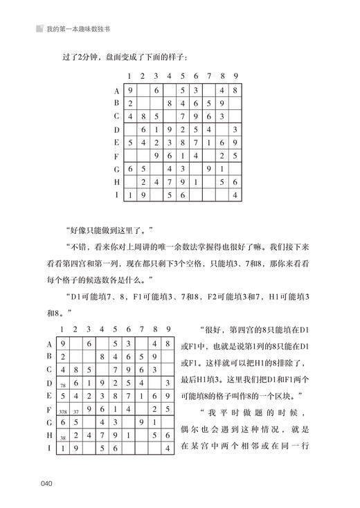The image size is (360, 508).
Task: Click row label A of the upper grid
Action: [x=117, y=90]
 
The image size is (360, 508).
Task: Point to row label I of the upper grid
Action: [x=117, y=194]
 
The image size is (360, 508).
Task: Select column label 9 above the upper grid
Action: [x=237, y=76]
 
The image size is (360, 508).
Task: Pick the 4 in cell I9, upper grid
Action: [x=236, y=195]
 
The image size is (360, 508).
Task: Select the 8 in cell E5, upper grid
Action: [x=183, y=143]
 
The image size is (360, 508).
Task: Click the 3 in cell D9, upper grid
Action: [x=236, y=129]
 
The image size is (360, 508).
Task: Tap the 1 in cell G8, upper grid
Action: [x=223, y=169]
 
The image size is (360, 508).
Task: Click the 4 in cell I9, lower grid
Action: [x=168, y=450]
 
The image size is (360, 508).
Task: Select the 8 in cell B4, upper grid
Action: [x=170, y=103]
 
